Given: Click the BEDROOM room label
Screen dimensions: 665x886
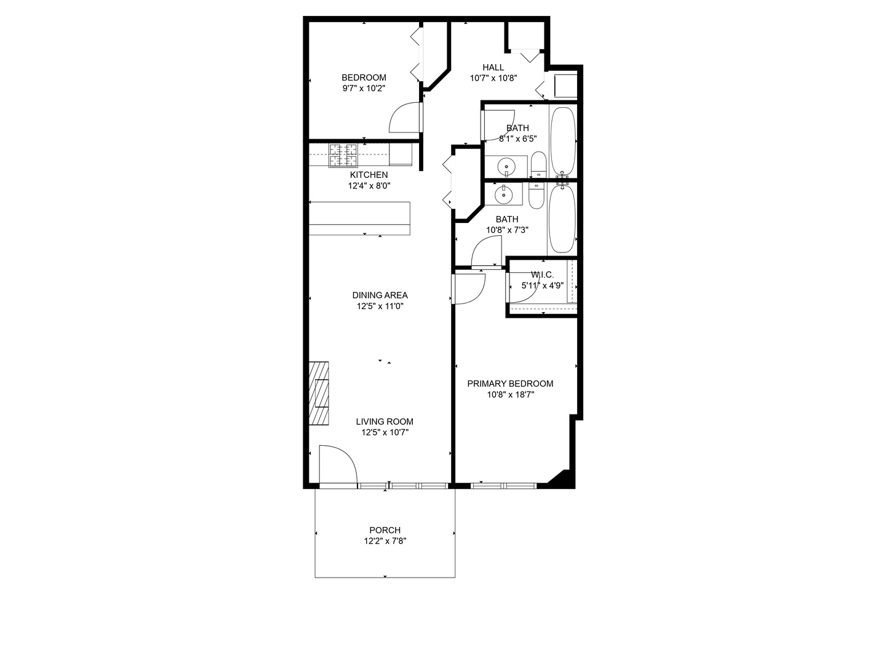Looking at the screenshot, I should (364, 78).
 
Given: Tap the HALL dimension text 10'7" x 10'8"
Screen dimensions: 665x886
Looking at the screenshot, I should (493, 78).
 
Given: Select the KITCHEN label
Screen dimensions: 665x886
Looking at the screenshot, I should (369, 175).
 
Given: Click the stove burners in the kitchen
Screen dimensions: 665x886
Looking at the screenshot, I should (343, 156).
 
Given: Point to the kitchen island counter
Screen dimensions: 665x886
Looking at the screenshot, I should (359, 218).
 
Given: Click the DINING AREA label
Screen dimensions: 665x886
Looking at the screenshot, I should (380, 295).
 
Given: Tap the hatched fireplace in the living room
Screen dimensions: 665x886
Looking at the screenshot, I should (319, 393).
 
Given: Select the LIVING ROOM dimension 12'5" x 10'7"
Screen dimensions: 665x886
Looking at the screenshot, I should (385, 432).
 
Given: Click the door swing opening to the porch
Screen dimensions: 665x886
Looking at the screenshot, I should (338, 465).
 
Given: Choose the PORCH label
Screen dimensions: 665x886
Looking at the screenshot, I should (385, 530).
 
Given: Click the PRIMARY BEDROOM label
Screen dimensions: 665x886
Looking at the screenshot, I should (510, 384).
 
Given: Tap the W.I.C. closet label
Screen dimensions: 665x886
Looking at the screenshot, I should (542, 275).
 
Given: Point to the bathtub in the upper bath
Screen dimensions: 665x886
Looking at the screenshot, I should (562, 141).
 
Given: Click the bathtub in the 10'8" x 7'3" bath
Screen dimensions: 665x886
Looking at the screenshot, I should (562, 219).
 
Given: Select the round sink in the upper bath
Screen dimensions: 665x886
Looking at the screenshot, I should (506, 166).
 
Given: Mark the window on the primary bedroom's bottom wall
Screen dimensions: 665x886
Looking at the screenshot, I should (504, 486).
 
